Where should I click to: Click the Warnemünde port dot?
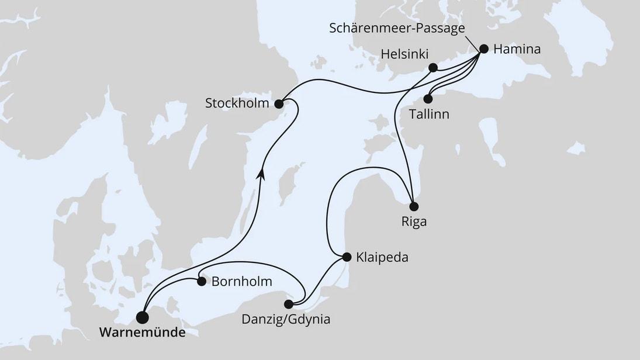tap(142, 317)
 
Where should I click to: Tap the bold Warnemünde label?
tap(143, 334)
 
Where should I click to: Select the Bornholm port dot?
tap(201, 282)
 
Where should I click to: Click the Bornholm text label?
tap(241, 282)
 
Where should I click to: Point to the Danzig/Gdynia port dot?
tap(288, 304)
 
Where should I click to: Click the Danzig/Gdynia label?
tap(286, 320)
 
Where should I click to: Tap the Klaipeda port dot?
tap(346, 257)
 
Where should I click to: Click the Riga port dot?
tap(414, 206)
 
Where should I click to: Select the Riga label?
tap(414, 222)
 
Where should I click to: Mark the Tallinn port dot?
tap(428, 99)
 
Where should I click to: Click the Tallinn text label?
tap(429, 114)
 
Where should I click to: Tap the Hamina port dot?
tap(483, 50)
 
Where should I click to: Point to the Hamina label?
tap(517, 50)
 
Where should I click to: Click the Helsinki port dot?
tap(433, 67)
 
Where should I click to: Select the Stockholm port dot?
tap(279, 104)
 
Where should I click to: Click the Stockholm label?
tap(237, 104)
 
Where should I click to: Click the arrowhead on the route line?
tap(260, 171)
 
